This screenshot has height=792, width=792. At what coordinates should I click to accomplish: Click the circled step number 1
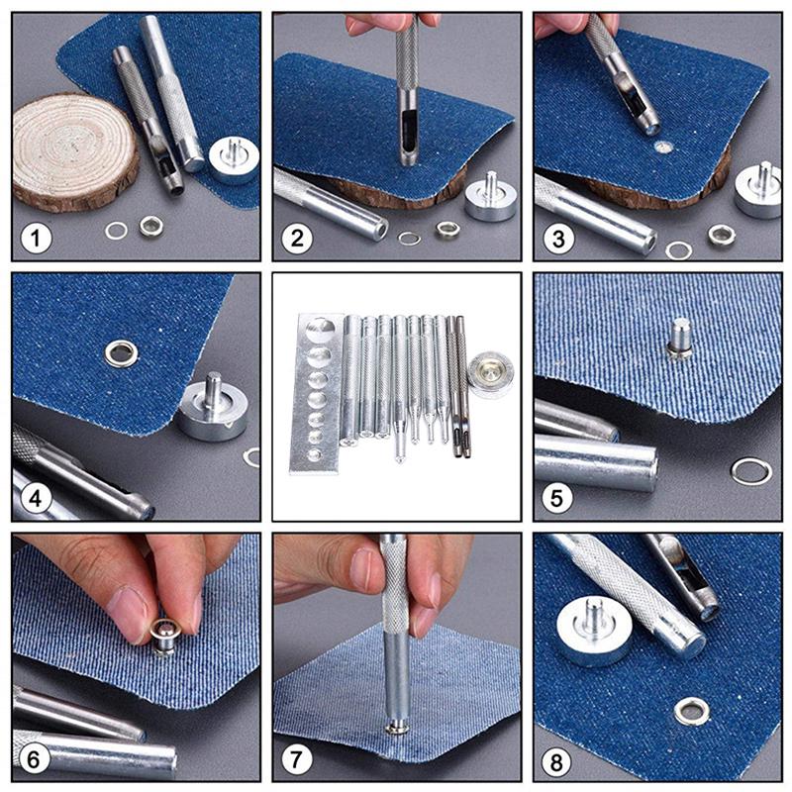click(38, 238)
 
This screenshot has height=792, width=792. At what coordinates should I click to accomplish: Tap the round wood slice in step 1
click(75, 149)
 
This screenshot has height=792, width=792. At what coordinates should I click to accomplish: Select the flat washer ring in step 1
click(117, 231)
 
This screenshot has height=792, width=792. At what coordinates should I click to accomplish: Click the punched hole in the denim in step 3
click(663, 148)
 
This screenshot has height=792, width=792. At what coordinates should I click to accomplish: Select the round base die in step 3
click(759, 190)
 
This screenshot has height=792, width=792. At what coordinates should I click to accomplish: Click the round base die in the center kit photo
click(490, 372)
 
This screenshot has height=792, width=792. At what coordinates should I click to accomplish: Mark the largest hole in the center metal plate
click(320, 331)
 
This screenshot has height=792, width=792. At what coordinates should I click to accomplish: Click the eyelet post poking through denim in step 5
click(679, 337)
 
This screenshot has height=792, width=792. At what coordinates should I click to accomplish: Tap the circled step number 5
click(558, 497)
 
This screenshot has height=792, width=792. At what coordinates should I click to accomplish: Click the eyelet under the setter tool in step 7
click(397, 728)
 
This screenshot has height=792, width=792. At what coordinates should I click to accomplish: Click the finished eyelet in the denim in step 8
click(690, 710)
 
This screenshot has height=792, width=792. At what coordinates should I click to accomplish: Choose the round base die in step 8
click(594, 630)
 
